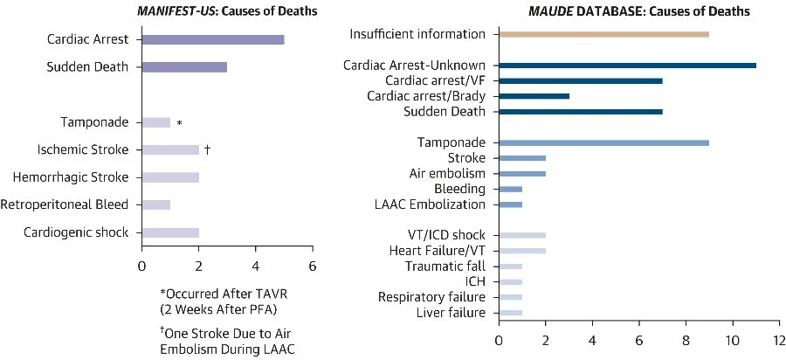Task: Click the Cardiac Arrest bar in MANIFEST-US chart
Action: (212, 40)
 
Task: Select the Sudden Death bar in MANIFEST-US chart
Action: (184, 67)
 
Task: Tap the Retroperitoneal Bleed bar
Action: (155, 204)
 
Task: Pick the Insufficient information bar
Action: (603, 34)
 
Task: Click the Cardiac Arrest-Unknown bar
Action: (627, 66)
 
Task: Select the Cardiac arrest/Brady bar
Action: (534, 96)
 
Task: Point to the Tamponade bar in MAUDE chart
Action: (603, 142)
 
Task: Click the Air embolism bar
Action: (521, 174)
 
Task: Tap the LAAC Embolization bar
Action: (510, 204)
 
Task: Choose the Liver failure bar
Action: (510, 312)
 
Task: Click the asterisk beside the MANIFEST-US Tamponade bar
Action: (179, 123)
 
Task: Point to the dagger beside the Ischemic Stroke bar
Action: (207, 149)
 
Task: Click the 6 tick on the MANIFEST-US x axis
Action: (312, 260)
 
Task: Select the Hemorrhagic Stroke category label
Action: (71, 177)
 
